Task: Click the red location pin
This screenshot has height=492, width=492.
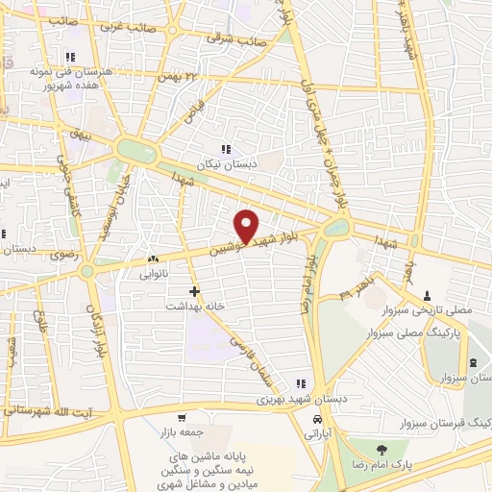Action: [248, 225]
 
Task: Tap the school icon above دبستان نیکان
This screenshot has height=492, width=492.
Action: [227, 149]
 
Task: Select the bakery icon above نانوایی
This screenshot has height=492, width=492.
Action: [153, 258]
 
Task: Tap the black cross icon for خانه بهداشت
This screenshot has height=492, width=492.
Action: [195, 290]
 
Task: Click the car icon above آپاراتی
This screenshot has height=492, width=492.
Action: [316, 420]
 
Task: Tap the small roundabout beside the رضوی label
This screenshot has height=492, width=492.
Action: [87, 272]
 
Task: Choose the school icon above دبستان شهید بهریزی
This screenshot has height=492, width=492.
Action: [301, 384]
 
